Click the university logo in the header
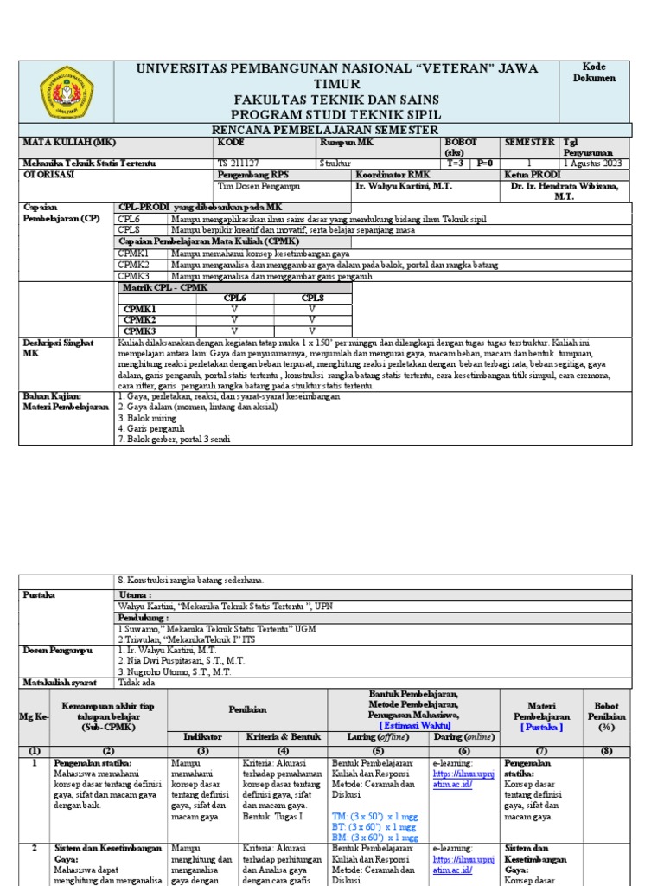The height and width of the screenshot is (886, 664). click(x=67, y=92)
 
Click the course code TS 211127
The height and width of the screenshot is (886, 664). click(x=239, y=163)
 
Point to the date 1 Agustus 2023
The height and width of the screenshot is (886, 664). click(x=593, y=163)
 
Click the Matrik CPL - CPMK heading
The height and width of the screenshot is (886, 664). click(x=164, y=287)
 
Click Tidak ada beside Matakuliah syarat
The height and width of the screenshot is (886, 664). click(x=135, y=683)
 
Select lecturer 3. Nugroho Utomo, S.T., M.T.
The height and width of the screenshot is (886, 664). click(x=174, y=671)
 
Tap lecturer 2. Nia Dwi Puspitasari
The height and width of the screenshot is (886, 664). click(x=174, y=660)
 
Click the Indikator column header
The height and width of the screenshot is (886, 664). click(x=202, y=736)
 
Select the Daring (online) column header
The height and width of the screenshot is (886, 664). click(x=463, y=736)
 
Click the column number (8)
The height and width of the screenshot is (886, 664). click(x=601, y=750)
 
